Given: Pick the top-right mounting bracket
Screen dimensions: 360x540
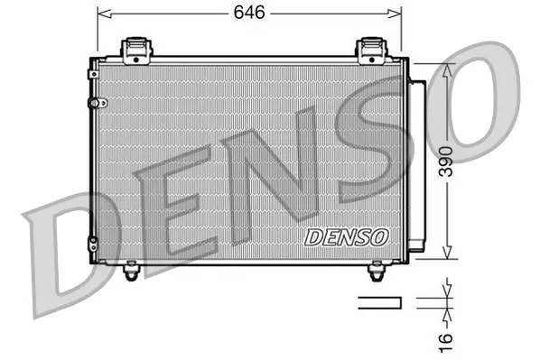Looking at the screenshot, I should pos(370,50).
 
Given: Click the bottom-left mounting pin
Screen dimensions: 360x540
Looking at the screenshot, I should pos(133,267).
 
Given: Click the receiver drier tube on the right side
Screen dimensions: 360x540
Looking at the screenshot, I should pos(417,162).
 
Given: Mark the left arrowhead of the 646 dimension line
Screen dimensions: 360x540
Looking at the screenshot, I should pos(102,14).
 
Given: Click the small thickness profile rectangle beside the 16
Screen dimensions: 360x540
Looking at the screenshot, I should pos(377,301).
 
